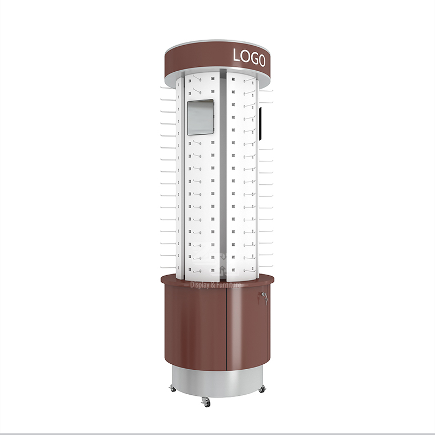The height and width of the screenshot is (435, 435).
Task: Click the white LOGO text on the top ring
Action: [249, 58]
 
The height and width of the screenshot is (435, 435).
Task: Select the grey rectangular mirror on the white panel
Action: [200, 117]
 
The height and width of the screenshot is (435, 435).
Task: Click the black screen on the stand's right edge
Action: [260, 124]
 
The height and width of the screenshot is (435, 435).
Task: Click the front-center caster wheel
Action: [206, 402]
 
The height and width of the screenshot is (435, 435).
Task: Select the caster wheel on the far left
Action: [172, 388]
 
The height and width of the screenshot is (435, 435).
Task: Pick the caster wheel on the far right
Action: [262, 389]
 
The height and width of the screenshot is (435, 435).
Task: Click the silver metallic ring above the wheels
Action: [217, 381]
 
